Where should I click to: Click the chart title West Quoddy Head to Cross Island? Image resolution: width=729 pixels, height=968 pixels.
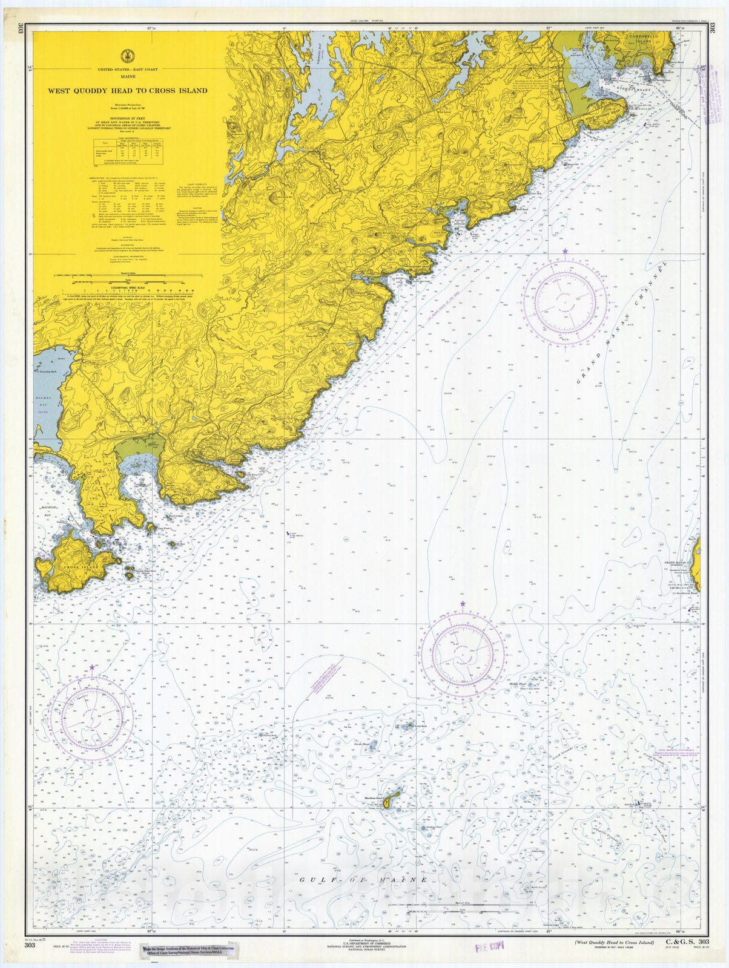coord(128,91)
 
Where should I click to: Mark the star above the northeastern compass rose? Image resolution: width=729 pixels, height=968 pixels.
coord(565,250)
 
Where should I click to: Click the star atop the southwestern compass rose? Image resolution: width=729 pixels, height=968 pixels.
coord(91,667)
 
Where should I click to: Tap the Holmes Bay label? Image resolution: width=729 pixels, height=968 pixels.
coord(41,400)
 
